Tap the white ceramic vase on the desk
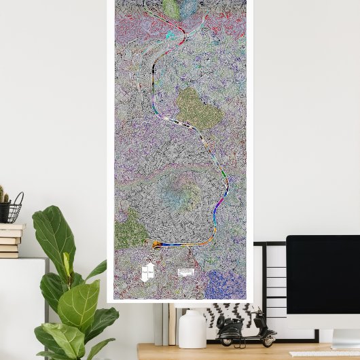point(192,329)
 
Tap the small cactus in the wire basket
point(3,196)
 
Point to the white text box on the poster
point(186,272)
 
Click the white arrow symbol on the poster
point(147,272)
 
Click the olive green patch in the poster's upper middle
point(199,109)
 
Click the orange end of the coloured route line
point(157,245)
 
